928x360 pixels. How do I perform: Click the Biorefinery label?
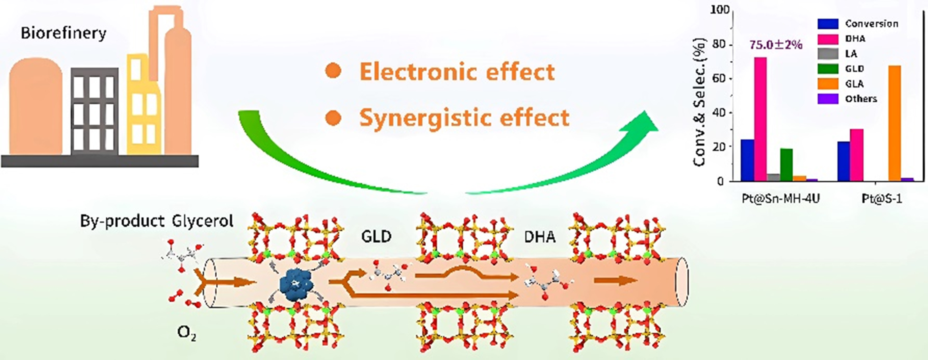[x=63, y=33]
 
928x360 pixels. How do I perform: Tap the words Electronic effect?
[x=457, y=72]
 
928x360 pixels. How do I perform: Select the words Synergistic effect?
[x=464, y=118]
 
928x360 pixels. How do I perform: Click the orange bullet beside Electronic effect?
[x=333, y=71]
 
